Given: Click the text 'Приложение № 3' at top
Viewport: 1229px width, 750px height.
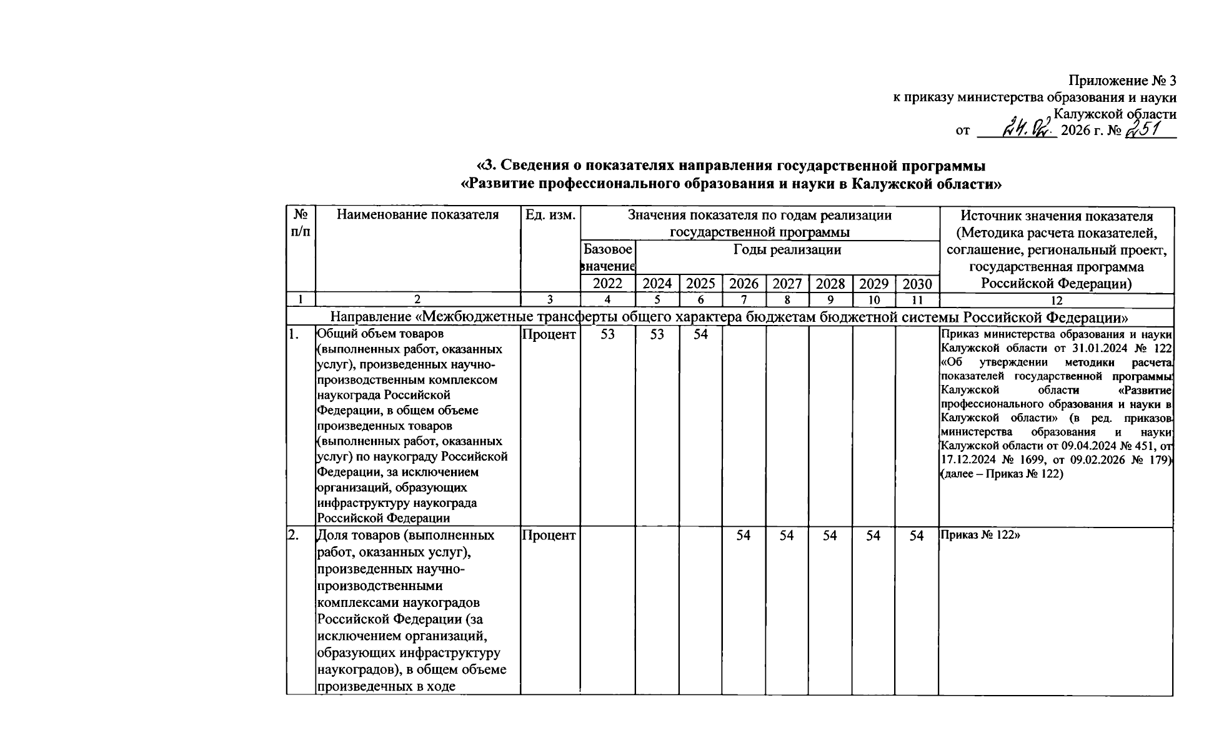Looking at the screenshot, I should pos(1123,81).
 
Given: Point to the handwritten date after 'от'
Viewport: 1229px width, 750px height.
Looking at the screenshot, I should pos(1029,130).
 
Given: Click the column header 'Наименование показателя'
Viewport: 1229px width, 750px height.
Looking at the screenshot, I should pos(417,216).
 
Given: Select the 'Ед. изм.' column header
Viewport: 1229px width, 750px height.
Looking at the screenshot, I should pos(550,216).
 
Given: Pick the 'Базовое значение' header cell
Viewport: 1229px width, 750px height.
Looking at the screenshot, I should pos(608,257).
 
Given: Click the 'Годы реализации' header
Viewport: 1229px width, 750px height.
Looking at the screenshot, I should pos(787,250).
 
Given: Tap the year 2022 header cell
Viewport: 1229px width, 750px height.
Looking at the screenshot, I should pos(607,284).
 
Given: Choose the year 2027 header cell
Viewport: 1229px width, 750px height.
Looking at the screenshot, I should pos(787,284).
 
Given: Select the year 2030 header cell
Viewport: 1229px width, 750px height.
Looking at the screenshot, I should pos(917,284).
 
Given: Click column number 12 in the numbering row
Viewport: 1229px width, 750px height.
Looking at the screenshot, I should pos(1056,300).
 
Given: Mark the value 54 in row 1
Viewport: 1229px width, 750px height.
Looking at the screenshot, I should pos(700,334).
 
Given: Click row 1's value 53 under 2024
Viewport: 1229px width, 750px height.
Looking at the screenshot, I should pos(657,334).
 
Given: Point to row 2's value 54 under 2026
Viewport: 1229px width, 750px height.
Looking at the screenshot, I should pos(743,536).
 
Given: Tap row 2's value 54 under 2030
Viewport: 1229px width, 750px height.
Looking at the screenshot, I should pos(917,536).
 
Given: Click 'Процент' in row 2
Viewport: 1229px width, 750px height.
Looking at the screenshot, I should pos(549,536).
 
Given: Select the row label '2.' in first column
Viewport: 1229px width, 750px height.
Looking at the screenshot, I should pos(293,536).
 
